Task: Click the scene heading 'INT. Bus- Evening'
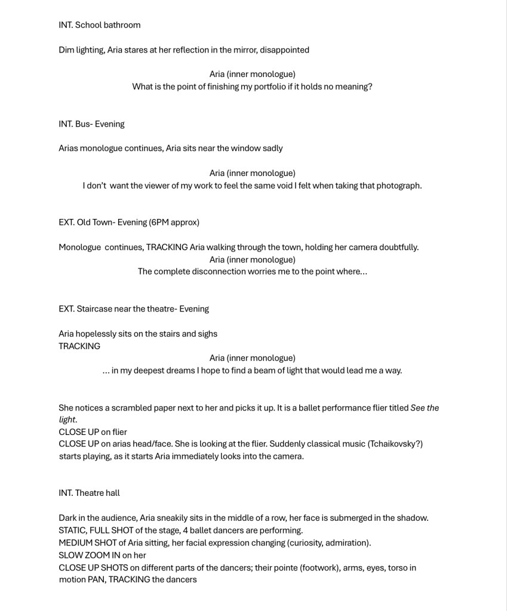click(x=91, y=124)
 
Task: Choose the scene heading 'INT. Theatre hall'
click(x=89, y=493)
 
